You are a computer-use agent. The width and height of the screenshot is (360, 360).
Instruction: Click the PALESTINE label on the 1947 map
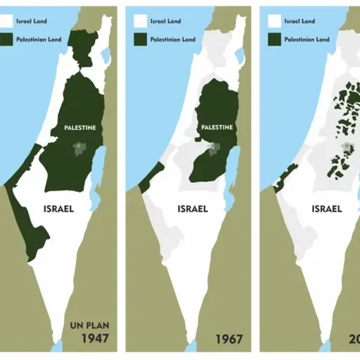pos(79,127)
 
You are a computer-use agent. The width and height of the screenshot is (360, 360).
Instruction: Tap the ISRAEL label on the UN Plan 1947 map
pos(59,208)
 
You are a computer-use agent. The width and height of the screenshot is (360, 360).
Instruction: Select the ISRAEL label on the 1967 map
pos(192,208)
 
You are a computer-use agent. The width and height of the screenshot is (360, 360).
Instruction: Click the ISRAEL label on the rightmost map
pos(326,208)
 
